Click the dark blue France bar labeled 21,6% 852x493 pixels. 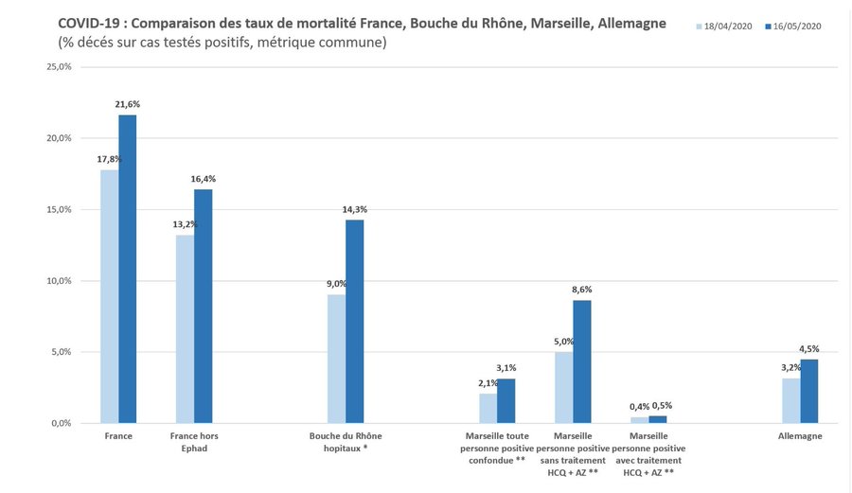128,269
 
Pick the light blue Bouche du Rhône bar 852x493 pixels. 336,359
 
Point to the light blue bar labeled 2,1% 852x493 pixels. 488,408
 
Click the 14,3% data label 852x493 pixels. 356,209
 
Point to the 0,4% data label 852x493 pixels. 640,406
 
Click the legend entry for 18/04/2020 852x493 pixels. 728,26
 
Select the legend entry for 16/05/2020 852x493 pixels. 793,26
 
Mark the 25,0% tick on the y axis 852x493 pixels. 59,67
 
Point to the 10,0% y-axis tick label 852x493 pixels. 59,281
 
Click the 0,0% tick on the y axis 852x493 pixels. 61,423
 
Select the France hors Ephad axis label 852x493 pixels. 194,442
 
